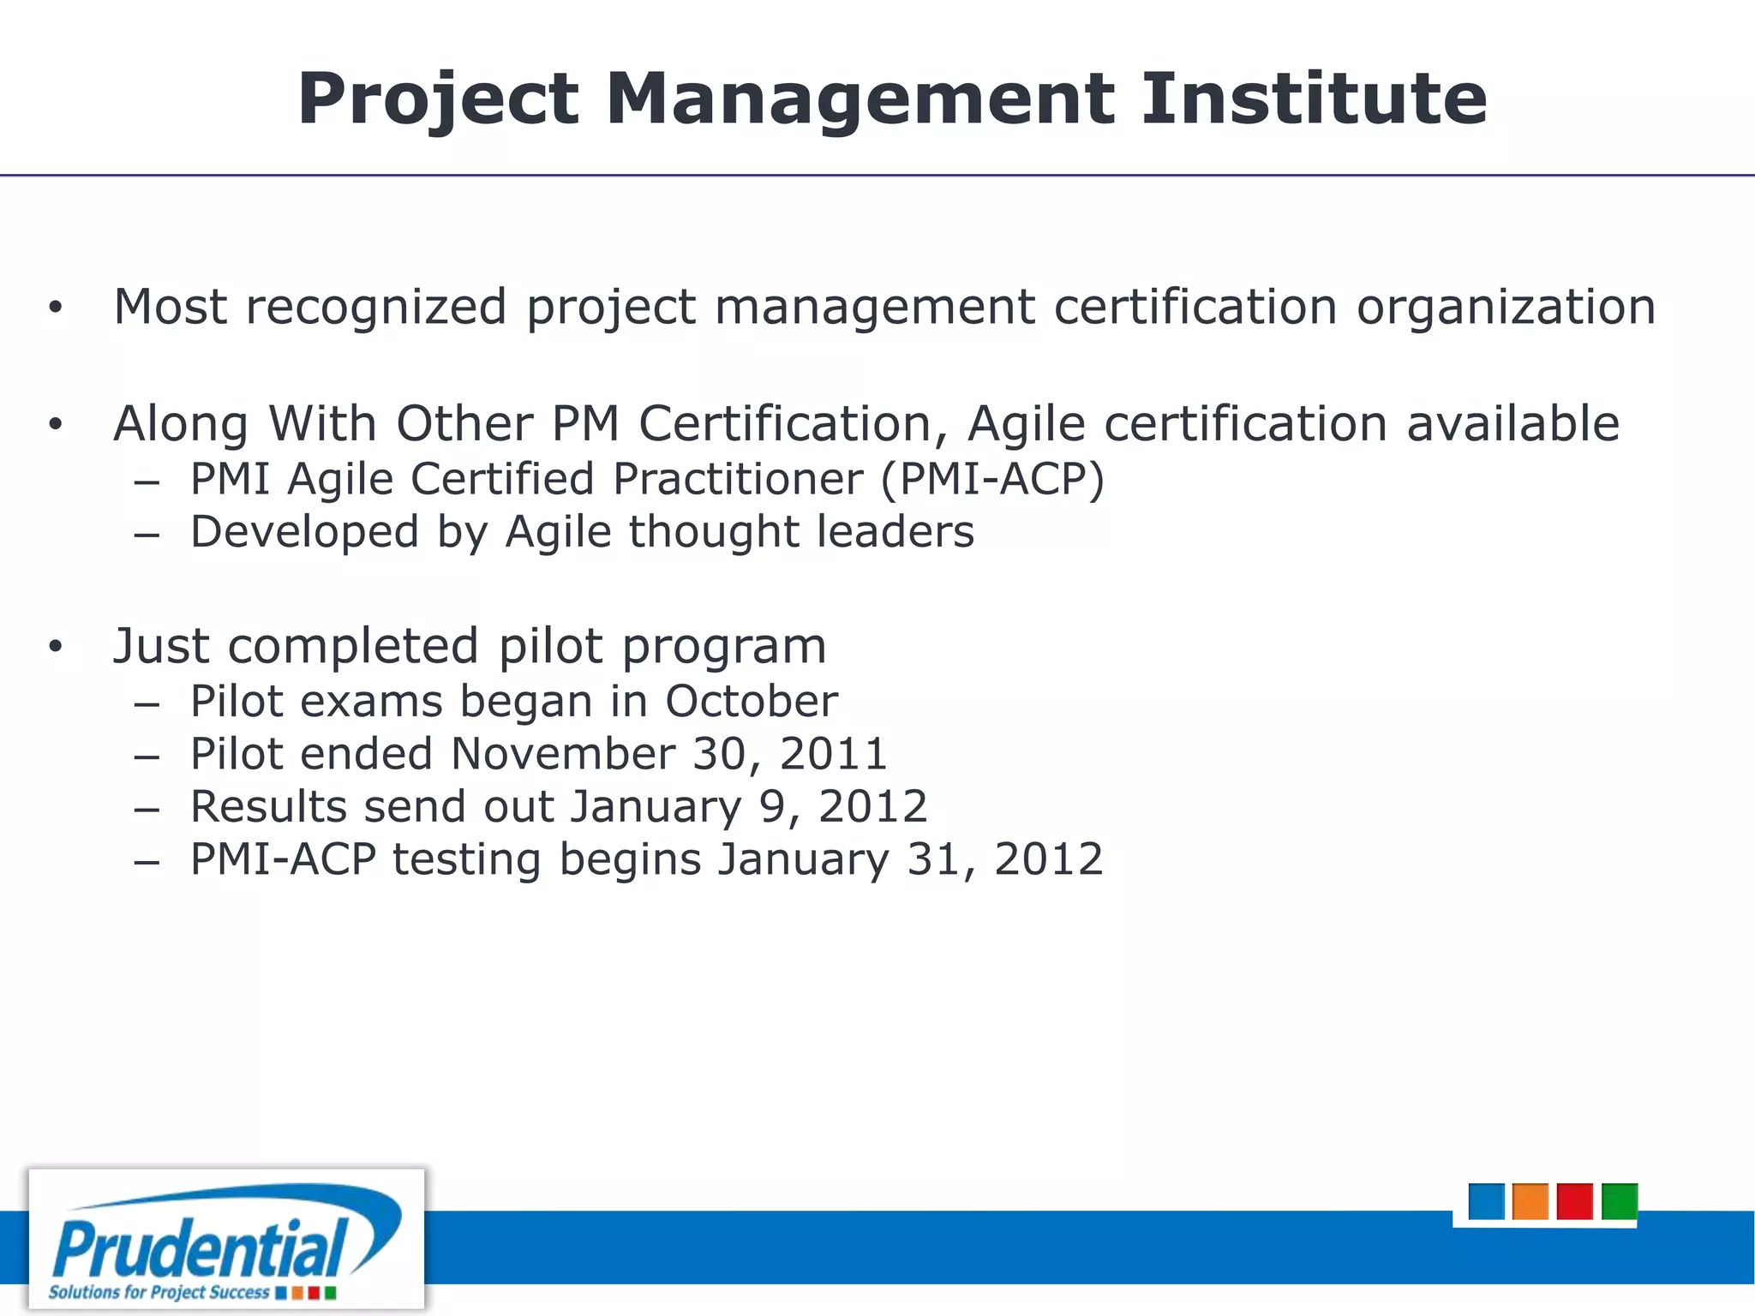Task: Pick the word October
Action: coord(752,702)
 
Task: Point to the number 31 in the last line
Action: coord(931,859)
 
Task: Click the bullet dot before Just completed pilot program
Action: coord(56,647)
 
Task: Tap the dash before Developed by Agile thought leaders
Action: coord(147,535)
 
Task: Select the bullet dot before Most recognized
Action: coord(56,308)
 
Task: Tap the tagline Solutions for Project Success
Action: coord(159,1292)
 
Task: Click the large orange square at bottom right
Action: coord(1530,1201)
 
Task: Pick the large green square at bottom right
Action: coord(1620,1201)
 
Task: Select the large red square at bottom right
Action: coord(1575,1201)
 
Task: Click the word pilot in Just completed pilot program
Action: coord(550,647)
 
